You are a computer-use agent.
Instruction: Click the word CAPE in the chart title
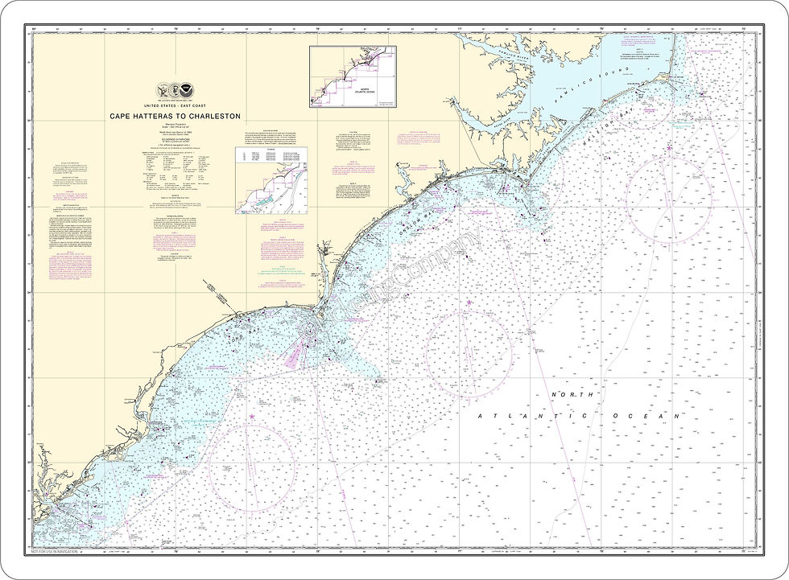click(122, 116)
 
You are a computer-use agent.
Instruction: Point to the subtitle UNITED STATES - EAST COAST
click(175, 105)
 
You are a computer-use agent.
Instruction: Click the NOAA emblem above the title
click(187, 91)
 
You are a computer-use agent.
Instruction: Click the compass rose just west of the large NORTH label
click(468, 353)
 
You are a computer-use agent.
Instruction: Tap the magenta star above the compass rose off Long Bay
click(252, 416)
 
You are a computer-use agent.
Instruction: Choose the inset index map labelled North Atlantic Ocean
click(353, 76)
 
